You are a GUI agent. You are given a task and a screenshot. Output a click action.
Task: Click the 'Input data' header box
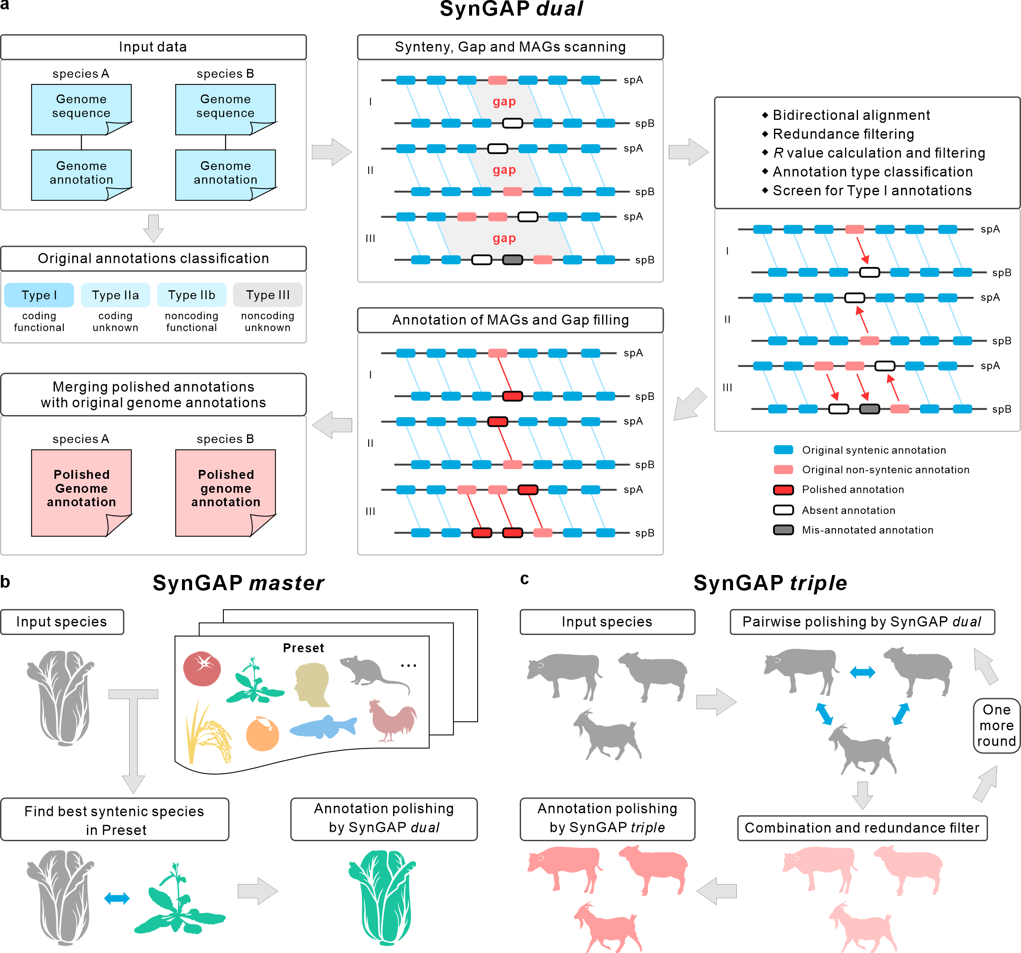153,47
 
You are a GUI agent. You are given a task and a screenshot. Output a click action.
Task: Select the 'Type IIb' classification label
192,295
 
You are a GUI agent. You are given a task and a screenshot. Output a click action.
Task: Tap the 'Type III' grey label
268,295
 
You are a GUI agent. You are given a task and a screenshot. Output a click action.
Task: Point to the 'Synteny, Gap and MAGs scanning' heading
510,47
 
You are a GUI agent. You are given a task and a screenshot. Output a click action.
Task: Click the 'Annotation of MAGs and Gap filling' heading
510,320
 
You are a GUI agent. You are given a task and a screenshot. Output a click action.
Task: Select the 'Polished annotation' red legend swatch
783,490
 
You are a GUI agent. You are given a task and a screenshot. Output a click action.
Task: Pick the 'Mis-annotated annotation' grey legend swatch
783,529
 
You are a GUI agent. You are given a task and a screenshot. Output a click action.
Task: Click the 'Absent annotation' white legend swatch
783,510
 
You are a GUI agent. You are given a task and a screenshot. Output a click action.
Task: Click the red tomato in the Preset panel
202,668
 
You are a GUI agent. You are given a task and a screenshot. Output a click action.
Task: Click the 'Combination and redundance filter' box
862,828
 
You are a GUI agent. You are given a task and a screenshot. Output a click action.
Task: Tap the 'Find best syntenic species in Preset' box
114,820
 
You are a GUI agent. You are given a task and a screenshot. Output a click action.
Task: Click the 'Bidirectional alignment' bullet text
851,115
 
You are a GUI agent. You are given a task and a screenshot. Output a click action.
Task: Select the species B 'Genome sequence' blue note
225,108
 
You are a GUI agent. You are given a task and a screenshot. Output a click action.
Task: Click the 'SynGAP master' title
238,583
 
